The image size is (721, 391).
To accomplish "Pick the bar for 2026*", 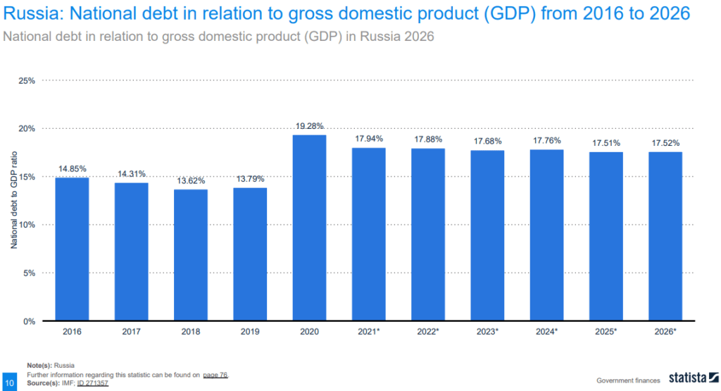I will click(665, 236).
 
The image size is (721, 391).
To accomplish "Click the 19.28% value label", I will click(309, 126).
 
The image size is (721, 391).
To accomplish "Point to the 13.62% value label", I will click(191, 180).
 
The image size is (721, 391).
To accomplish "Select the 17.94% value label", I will click(369, 139).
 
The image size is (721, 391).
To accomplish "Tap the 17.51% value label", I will click(606, 143).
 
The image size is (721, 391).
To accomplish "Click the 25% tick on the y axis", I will click(26, 81).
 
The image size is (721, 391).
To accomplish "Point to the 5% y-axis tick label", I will click(28, 273).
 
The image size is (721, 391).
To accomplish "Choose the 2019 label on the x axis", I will click(250, 331).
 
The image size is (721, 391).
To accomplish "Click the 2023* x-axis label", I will click(487, 331).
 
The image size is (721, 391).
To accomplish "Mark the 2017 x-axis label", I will click(132, 331).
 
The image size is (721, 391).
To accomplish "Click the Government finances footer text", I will click(628, 380).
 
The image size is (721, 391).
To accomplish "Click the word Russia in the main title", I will click(27, 13).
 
